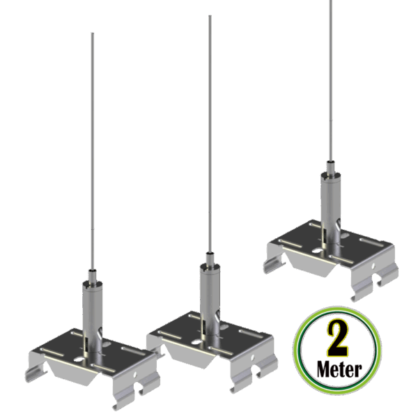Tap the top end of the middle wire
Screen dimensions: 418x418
tap(210, 16)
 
